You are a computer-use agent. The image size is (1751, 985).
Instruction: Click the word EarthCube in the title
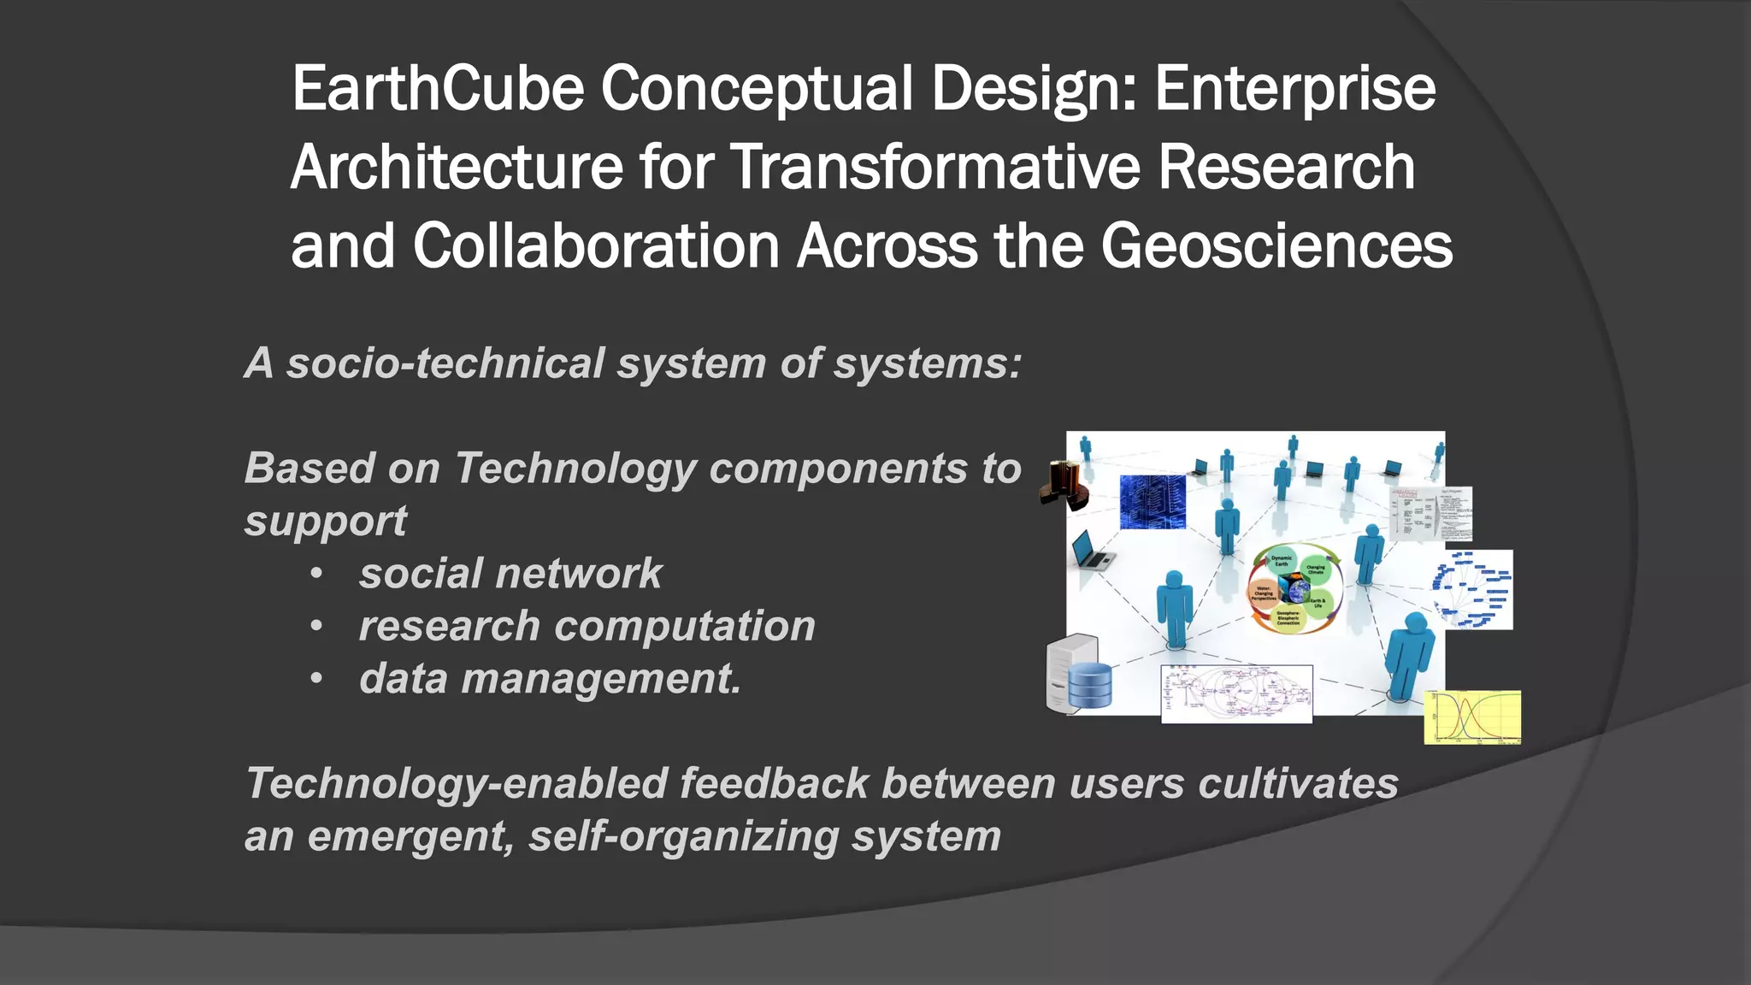click(x=438, y=89)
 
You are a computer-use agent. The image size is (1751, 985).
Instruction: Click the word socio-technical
click(x=445, y=363)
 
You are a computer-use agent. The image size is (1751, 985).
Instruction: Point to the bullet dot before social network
click(x=316, y=574)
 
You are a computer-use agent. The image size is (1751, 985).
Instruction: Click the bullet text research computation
click(x=587, y=626)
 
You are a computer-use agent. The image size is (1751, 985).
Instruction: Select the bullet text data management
click(x=550, y=679)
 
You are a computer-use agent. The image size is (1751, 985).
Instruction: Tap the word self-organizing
click(x=683, y=836)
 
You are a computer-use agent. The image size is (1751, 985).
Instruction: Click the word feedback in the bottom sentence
click(x=774, y=784)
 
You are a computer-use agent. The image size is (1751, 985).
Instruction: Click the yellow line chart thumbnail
click(x=1471, y=717)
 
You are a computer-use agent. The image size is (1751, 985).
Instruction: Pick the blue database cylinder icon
click(x=1090, y=685)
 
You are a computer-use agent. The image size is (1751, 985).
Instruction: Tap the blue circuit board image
click(x=1152, y=502)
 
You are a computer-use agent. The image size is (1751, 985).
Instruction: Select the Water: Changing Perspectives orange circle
click(x=1265, y=593)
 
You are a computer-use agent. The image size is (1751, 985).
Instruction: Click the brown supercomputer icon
click(x=1063, y=485)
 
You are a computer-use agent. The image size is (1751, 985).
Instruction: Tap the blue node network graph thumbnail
click(x=1472, y=590)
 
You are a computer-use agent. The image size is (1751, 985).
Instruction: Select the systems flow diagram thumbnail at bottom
click(x=1236, y=693)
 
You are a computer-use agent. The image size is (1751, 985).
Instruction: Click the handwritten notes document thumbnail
click(x=1430, y=513)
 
